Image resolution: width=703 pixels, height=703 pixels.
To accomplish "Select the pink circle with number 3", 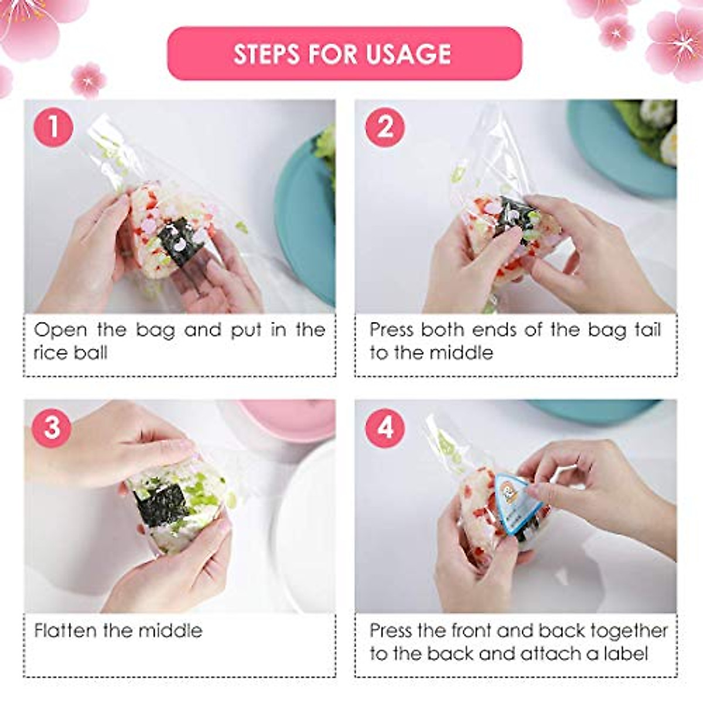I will [52, 428].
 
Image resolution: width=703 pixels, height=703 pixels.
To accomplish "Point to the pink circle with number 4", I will [385, 428].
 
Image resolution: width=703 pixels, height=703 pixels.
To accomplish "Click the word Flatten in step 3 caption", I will [66, 630].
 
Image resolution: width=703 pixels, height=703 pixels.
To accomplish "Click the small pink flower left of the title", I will [88, 80].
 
